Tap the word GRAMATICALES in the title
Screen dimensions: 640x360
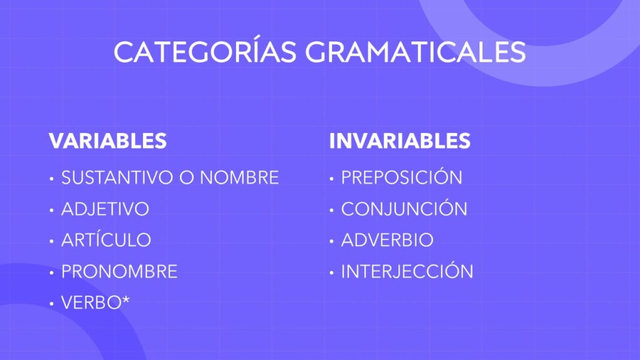pos(415,52)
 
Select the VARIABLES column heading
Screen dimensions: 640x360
pos(108,141)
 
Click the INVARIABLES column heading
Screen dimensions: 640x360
pos(400,141)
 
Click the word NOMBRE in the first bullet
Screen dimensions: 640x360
pos(239,177)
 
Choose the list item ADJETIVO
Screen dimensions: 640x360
pos(105,209)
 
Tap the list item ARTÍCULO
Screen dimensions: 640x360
pos(106,239)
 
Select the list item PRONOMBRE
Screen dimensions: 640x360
pos(119,272)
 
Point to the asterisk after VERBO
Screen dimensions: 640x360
pos(125,300)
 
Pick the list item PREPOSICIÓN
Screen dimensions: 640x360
pos(402,177)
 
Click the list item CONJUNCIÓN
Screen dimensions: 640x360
pos(404,208)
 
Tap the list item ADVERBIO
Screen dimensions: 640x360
pos(387,240)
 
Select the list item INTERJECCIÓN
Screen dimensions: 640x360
pos(407,270)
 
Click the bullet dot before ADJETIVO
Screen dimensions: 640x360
pos(51,210)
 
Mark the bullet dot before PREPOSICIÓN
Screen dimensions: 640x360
pos(331,179)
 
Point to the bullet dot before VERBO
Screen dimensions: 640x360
pos(51,304)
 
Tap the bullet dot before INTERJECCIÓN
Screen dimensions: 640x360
pos(331,273)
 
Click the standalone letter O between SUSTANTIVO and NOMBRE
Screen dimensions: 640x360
pos(187,177)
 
